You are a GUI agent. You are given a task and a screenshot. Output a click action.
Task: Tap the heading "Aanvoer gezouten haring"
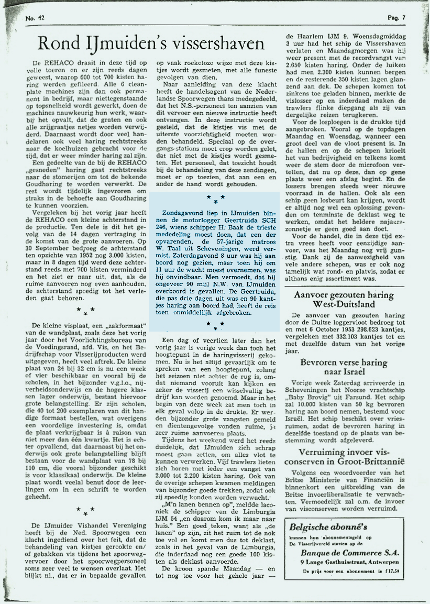[343, 295]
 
